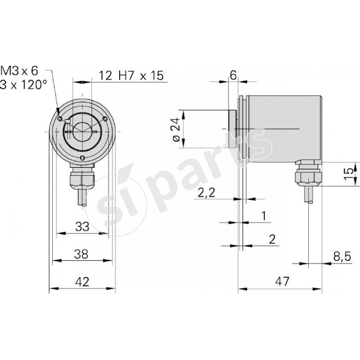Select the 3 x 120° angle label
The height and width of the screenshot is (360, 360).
23,85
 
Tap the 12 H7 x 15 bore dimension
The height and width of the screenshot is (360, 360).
130,76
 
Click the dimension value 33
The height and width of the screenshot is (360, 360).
82,227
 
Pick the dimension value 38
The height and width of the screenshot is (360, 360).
81,254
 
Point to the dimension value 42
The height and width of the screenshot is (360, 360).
82,282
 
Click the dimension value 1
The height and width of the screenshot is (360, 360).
264,216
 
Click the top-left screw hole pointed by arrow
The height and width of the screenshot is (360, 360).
60,119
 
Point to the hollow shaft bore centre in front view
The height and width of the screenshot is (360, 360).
82,130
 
